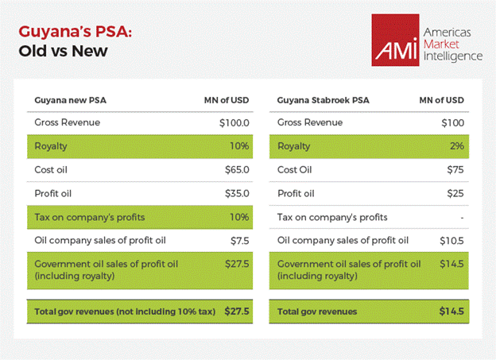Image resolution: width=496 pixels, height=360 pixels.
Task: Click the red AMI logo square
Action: pos(394,40)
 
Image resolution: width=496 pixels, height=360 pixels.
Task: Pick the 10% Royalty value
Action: pos(239,146)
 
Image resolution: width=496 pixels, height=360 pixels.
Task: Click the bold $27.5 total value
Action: pos(237,312)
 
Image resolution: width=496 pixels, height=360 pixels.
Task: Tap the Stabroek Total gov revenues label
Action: pos(317,312)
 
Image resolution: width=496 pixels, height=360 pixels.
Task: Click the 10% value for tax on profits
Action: pos(239,217)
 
